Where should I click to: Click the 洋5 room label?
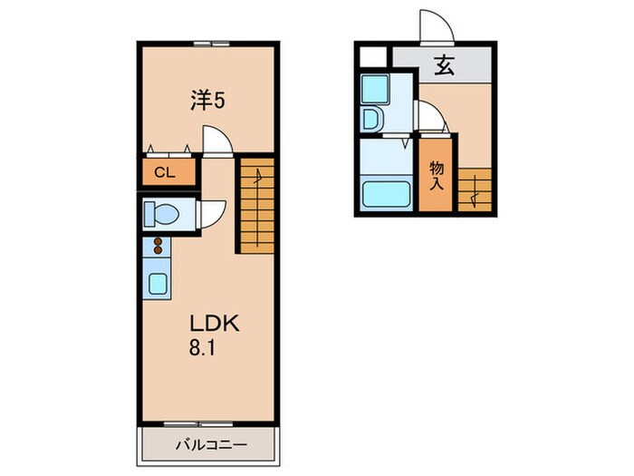[207, 101]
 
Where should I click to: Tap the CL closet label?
[165, 172]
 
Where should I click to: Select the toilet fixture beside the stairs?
[163, 214]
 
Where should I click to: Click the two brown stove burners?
[157, 245]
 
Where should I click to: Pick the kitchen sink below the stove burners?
[158, 283]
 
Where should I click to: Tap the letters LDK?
[214, 324]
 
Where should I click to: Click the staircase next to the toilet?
[255, 204]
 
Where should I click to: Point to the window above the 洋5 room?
[207, 43]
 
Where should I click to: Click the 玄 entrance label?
[444, 65]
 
